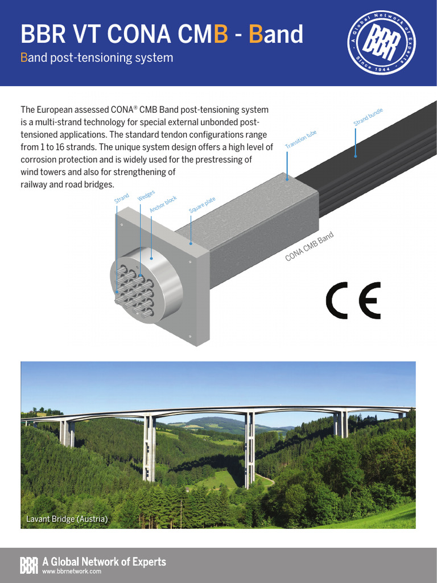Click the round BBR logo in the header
pyautogui.click(x=382, y=44)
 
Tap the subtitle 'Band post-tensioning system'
pyautogui.click(x=97, y=58)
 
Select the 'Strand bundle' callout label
pyautogui.click(x=368, y=117)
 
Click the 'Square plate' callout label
pyautogui.click(x=202, y=206)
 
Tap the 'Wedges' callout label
pyautogui.click(x=146, y=195)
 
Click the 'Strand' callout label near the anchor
pyautogui.click(x=122, y=199)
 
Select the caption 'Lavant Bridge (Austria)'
pyautogui.click(x=67, y=519)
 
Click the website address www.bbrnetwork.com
pyautogui.click(x=72, y=571)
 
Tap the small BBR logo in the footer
pyautogui.click(x=29, y=565)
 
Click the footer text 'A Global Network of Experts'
pyautogui.click(x=104, y=562)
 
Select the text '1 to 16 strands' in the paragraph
pyautogui.click(x=68, y=147)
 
